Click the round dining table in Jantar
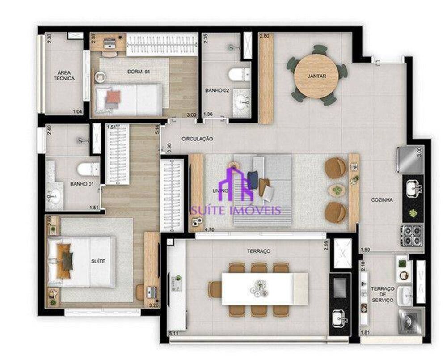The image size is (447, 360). pos(316,75)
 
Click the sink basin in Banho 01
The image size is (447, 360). pos(55,195)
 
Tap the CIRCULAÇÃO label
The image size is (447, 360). pos(197,139)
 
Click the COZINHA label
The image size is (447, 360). pos(382,200)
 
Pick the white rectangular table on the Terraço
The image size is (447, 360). pos(258,289)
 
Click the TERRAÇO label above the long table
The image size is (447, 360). pos(259,251)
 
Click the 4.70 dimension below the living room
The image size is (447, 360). pos(209,230)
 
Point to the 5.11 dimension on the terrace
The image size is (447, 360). pos(174,333)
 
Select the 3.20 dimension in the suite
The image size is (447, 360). pos(153,305)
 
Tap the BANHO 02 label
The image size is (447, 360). pos(217,90)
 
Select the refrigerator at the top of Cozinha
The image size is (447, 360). pos(409,160)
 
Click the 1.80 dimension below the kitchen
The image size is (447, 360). pos(365,250)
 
